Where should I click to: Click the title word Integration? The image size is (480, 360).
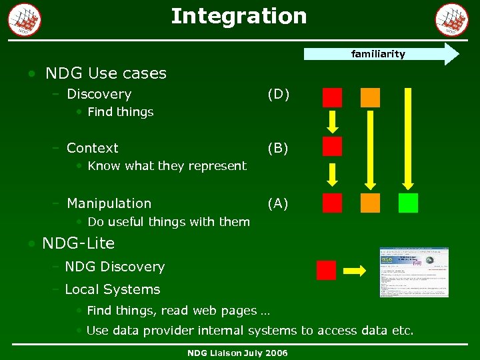(x=239, y=16)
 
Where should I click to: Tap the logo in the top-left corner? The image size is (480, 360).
(x=25, y=19)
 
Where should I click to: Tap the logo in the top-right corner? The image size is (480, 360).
(x=452, y=19)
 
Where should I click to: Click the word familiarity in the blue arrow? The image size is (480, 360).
(x=377, y=54)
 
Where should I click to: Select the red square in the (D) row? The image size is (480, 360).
(x=332, y=97)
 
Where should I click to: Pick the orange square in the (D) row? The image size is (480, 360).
(x=370, y=97)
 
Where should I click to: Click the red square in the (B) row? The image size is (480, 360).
(x=332, y=147)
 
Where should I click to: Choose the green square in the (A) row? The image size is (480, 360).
(x=408, y=203)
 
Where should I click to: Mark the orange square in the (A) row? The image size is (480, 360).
(x=370, y=203)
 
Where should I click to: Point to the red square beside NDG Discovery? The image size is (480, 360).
(x=326, y=270)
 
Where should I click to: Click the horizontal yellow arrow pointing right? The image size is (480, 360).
(x=355, y=271)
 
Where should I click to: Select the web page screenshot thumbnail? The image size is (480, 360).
(x=414, y=272)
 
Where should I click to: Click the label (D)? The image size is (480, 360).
(x=278, y=94)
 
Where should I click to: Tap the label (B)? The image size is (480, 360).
(x=278, y=148)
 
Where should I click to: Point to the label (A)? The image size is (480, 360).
(x=278, y=203)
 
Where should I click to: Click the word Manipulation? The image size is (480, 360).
(x=109, y=203)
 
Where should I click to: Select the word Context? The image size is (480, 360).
(x=93, y=148)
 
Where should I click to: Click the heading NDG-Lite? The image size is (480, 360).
(x=78, y=243)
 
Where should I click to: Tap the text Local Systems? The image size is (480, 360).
(x=113, y=289)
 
